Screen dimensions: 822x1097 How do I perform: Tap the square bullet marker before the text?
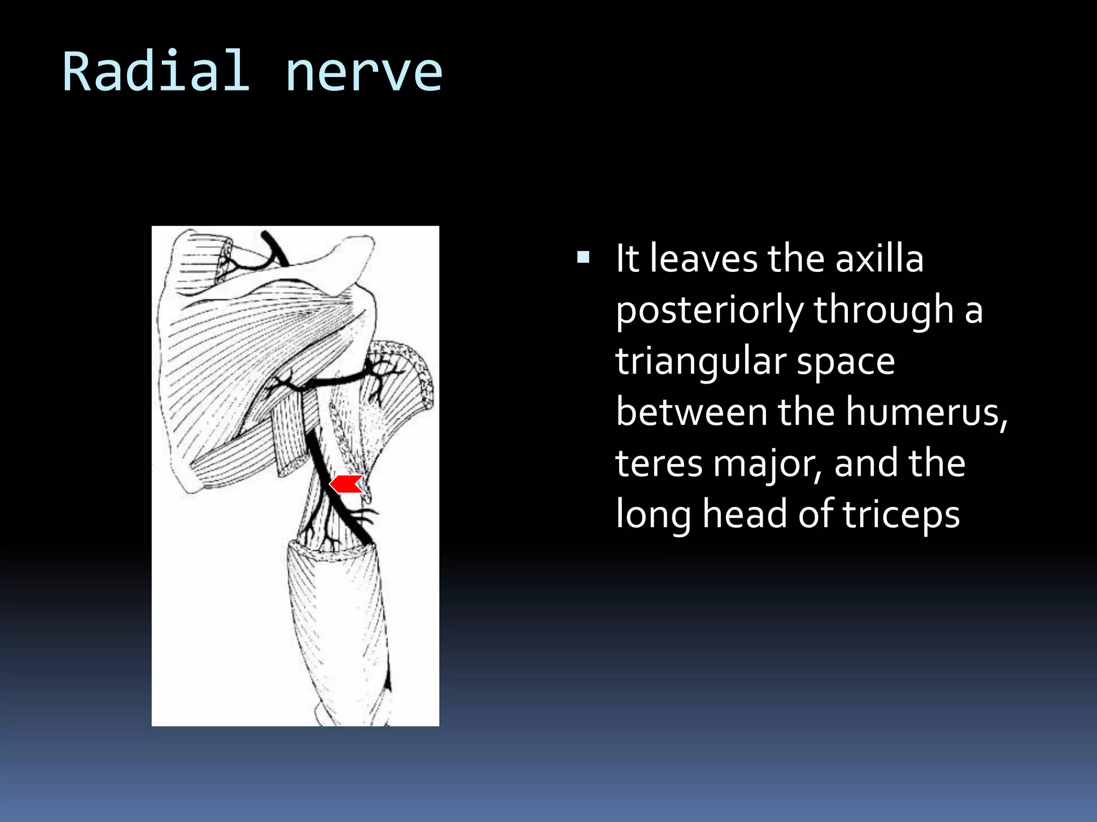point(583,258)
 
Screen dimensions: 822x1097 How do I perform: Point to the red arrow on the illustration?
point(346,484)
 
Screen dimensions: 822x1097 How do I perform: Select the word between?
point(692,412)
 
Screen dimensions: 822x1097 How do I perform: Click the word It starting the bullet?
point(627,258)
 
